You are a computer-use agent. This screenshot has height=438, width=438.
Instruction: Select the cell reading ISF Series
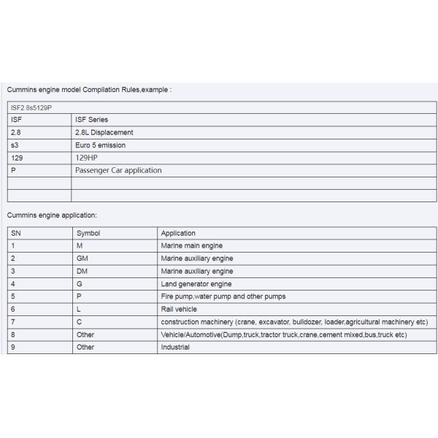pyautogui.click(x=92, y=120)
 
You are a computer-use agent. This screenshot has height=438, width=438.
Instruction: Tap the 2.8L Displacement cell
pyautogui.click(x=104, y=132)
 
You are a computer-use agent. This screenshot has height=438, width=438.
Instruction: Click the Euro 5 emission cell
pyautogui.click(x=100, y=145)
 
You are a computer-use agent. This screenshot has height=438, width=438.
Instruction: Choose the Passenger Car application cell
pyautogui.click(x=118, y=170)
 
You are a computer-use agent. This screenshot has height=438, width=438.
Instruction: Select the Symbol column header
pyautogui.click(x=88, y=234)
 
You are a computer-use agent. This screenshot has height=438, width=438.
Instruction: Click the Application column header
pyautogui.click(x=178, y=234)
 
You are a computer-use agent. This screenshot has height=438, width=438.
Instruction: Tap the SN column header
pyautogui.click(x=16, y=234)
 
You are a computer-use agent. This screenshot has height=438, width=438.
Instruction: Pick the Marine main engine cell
pyautogui.click(x=192, y=246)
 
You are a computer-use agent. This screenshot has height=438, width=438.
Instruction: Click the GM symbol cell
pyautogui.click(x=82, y=258)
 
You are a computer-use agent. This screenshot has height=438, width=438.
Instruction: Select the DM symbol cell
pyautogui.click(x=82, y=272)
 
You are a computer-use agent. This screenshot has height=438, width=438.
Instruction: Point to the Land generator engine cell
pyautogui.click(x=196, y=284)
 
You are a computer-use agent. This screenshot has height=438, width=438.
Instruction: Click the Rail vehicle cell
pyautogui.click(x=179, y=310)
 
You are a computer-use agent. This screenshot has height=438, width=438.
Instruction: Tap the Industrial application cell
pyautogui.click(x=175, y=347)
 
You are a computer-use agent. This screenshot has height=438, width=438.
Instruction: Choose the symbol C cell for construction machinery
pyautogui.click(x=79, y=322)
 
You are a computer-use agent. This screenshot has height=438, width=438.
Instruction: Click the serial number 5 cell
pyautogui.click(x=13, y=296)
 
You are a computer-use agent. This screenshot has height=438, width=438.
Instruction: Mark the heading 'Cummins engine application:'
pyautogui.click(x=52, y=215)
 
